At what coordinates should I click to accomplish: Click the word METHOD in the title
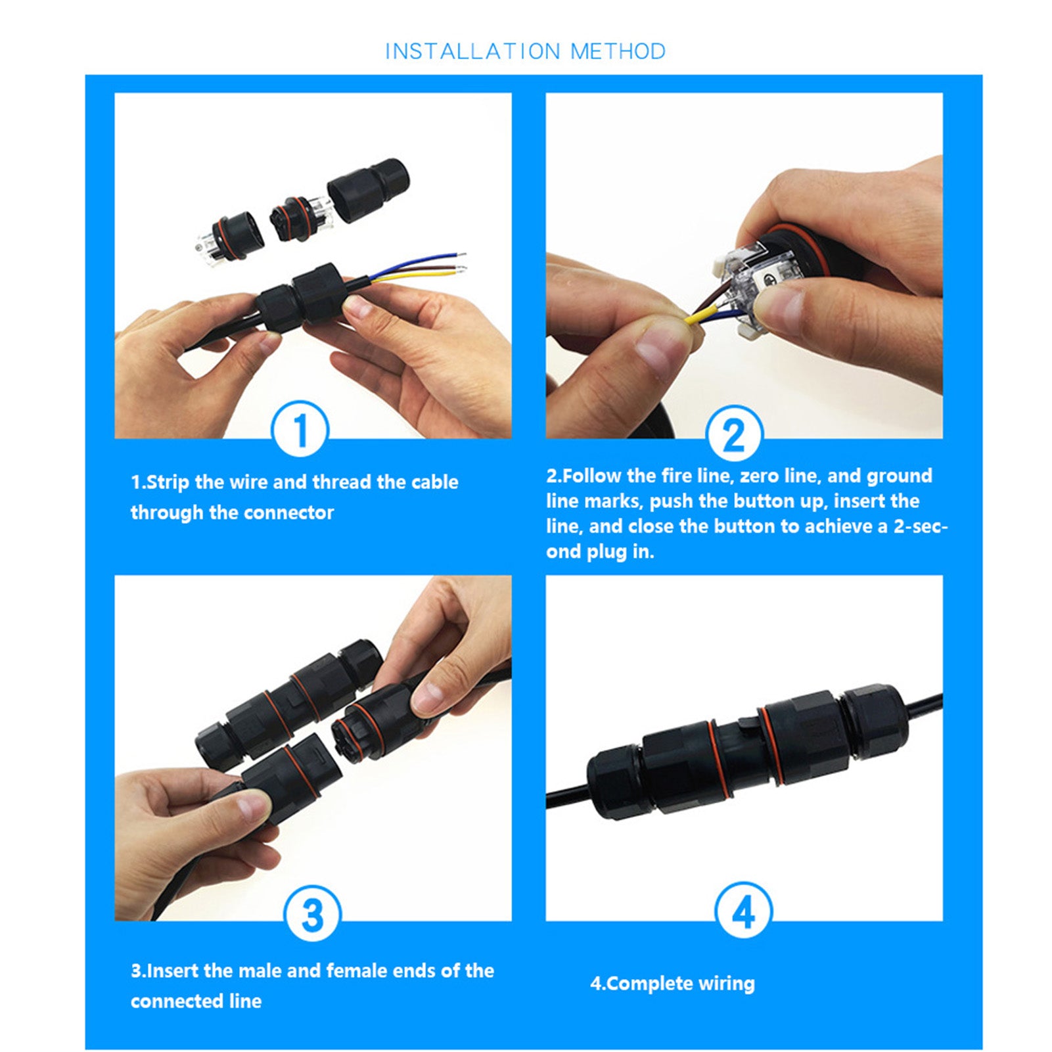pyautogui.click(x=618, y=51)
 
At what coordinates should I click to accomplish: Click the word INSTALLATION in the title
pyautogui.click(x=472, y=51)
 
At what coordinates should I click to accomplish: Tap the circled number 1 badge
pyautogui.click(x=300, y=430)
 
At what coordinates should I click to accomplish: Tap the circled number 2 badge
pyautogui.click(x=734, y=435)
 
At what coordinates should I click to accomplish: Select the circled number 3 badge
pyautogui.click(x=311, y=914)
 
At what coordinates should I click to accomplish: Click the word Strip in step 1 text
pyautogui.click(x=168, y=482)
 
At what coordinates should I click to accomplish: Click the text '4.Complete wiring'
pyautogui.click(x=672, y=984)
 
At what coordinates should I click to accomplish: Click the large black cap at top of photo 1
pyautogui.click(x=369, y=189)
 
